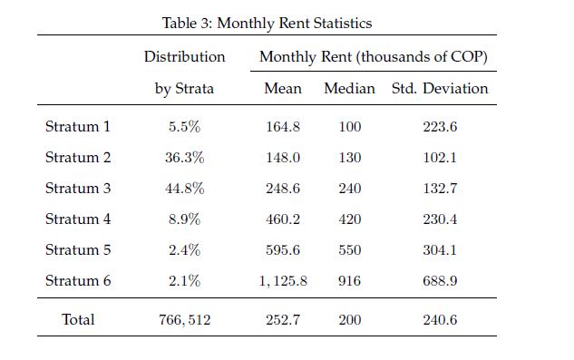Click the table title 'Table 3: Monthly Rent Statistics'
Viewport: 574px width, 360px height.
[267, 24]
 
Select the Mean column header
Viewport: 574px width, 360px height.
[283, 88]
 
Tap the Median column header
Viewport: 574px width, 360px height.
[350, 88]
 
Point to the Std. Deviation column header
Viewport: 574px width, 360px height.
[440, 88]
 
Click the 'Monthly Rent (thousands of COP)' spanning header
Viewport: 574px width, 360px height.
[374, 57]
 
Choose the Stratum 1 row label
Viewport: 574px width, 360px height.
[78, 127]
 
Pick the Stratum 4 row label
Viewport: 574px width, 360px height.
[78, 219]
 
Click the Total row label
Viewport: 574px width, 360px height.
[78, 319]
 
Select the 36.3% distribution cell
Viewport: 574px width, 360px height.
[184, 158]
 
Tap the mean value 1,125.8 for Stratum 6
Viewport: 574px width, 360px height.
[283, 281]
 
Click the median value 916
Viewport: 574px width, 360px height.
[350, 281]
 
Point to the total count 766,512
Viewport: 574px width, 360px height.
[184, 320]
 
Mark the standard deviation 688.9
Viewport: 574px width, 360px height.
[440, 281]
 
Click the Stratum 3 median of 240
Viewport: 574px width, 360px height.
[350, 189]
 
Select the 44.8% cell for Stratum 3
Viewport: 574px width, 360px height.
[184, 189]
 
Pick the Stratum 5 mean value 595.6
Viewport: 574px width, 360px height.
[283, 250]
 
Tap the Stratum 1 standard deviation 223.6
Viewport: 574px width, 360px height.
[440, 127]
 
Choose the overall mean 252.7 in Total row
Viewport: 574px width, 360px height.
[283, 320]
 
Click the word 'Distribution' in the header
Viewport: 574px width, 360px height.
[184, 57]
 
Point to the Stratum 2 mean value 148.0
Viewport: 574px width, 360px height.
[283, 158]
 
